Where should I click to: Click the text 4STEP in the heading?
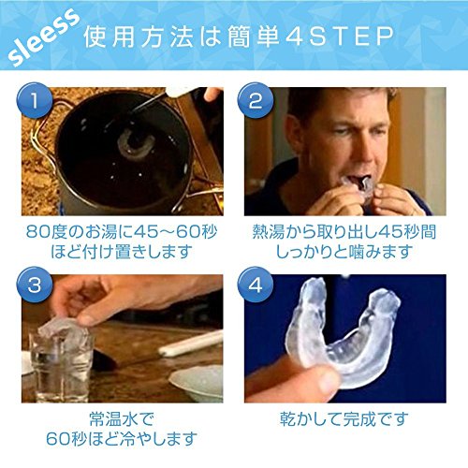click(352, 37)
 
